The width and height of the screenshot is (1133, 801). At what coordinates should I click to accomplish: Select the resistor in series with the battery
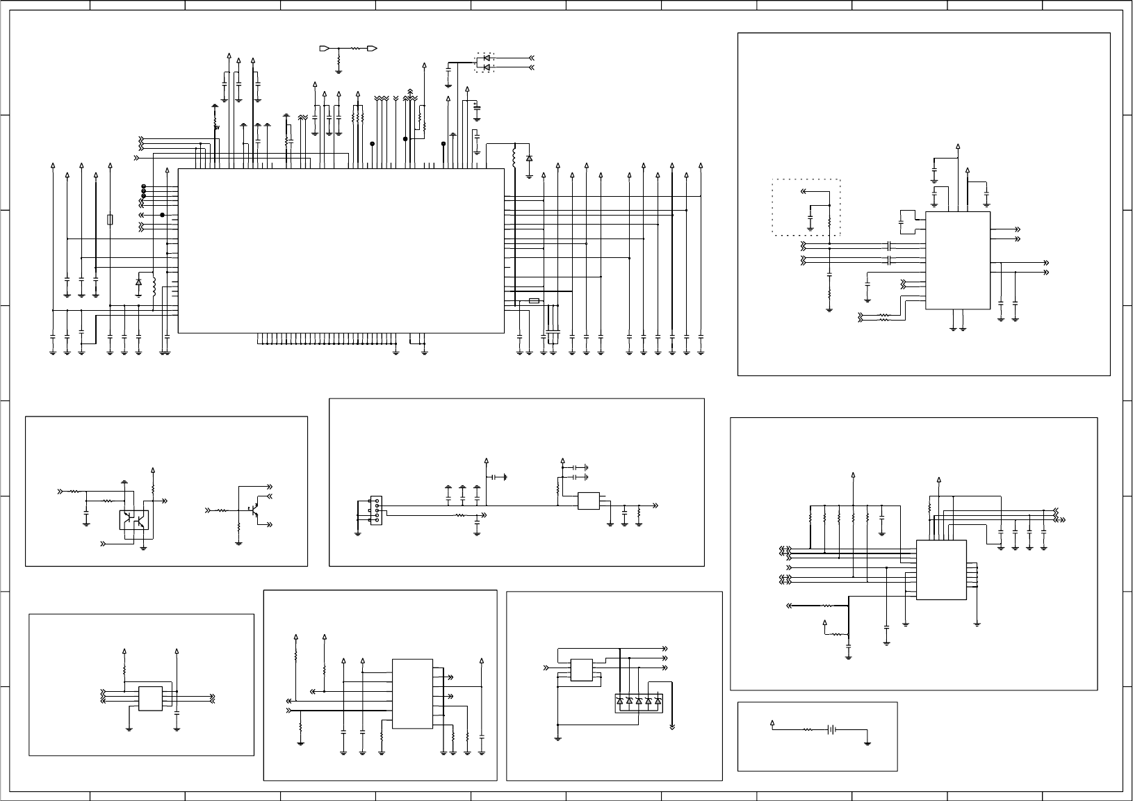click(808, 730)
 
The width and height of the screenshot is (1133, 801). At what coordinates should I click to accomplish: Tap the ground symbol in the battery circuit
click(868, 743)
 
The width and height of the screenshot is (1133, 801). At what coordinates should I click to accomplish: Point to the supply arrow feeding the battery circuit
click(773, 724)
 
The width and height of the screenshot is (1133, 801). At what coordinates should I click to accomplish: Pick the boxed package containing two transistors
click(133, 519)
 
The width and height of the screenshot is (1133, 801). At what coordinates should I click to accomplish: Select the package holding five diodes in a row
click(639, 702)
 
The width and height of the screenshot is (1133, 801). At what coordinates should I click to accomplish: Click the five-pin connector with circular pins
click(376, 510)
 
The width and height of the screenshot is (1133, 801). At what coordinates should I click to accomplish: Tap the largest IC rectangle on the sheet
click(341, 250)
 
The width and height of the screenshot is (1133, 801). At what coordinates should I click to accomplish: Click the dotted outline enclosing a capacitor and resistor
click(806, 207)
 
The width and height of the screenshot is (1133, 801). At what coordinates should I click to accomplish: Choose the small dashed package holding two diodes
click(485, 62)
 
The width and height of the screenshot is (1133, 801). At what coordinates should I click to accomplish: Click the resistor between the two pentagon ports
click(358, 49)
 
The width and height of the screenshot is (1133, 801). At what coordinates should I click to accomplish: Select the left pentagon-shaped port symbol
click(324, 49)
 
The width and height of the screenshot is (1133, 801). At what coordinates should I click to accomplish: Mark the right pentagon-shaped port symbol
click(373, 49)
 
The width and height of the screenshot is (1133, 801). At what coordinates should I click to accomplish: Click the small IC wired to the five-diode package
click(581, 670)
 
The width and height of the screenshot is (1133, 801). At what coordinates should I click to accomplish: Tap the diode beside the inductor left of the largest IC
click(138, 282)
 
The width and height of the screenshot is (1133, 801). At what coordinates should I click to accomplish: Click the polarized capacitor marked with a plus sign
click(477, 108)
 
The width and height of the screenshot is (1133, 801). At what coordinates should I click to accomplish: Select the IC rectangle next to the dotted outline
click(957, 261)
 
